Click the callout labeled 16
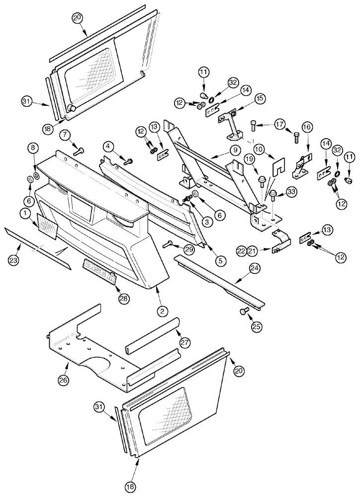[x=307, y=128]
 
